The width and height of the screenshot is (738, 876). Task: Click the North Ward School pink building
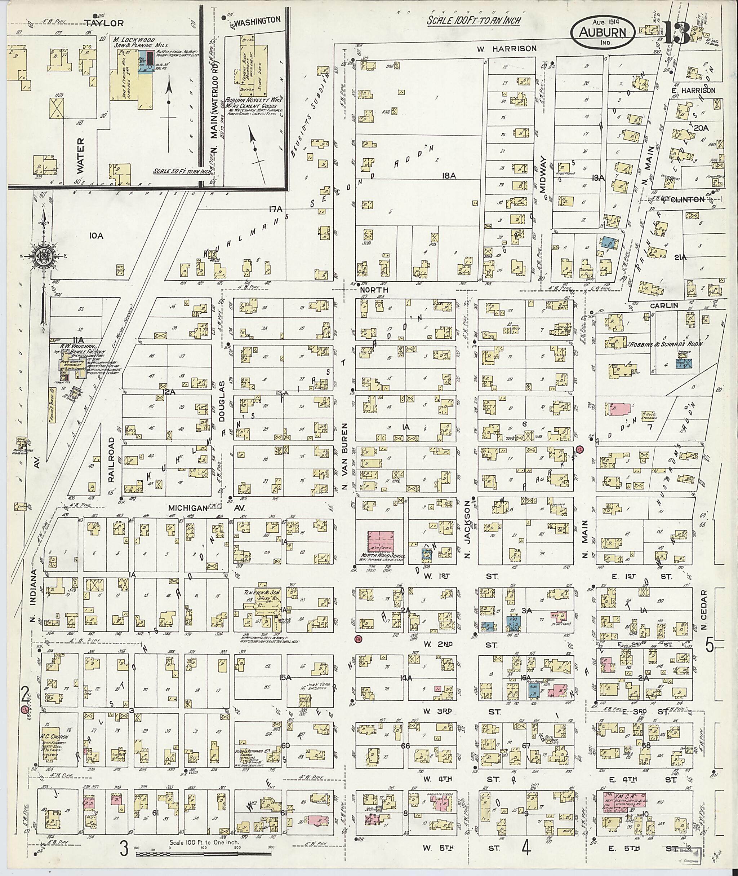[x=380, y=541]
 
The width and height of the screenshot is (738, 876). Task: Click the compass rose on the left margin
[x=44, y=256]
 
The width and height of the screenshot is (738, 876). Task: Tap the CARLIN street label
[x=663, y=306]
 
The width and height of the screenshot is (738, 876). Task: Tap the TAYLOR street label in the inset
[x=103, y=23]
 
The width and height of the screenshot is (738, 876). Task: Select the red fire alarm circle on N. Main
[x=579, y=449]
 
